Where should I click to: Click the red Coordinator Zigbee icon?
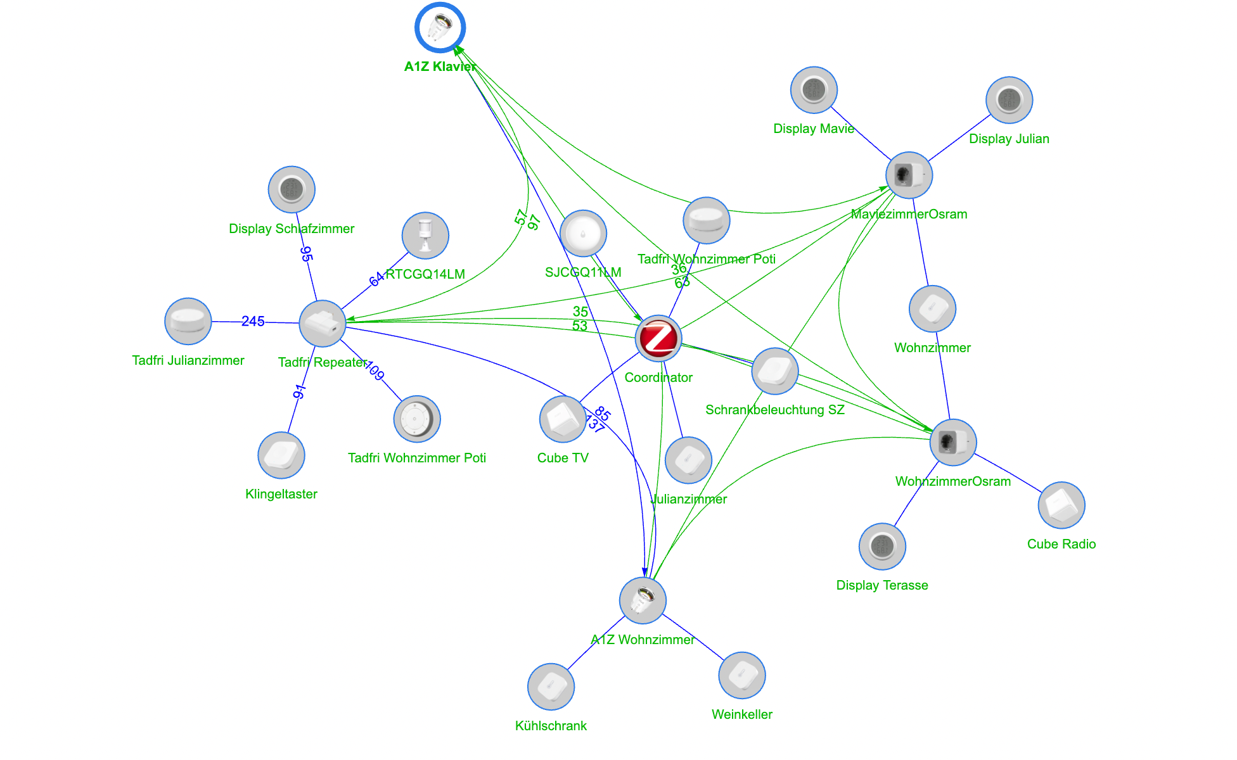(658, 338)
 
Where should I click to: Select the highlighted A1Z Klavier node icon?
(440, 28)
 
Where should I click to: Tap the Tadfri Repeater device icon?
(323, 324)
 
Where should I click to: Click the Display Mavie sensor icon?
(814, 90)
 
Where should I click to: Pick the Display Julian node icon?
(1009, 100)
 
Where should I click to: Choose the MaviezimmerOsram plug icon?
(909, 175)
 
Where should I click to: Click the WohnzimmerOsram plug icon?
(952, 442)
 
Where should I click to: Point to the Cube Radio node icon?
(1061, 505)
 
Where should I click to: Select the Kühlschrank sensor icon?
(551, 687)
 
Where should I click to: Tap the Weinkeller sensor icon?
(741, 675)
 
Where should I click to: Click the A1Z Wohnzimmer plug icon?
(643, 600)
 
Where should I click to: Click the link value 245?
(253, 322)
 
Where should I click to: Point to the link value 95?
(306, 254)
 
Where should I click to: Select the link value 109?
(375, 371)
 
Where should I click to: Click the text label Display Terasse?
(881, 585)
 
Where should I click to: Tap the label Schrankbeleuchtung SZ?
(774, 410)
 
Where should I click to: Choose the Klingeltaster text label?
(281, 494)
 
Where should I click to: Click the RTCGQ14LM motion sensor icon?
(425, 236)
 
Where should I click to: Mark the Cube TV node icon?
(563, 419)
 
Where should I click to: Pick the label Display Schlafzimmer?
(291, 229)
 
